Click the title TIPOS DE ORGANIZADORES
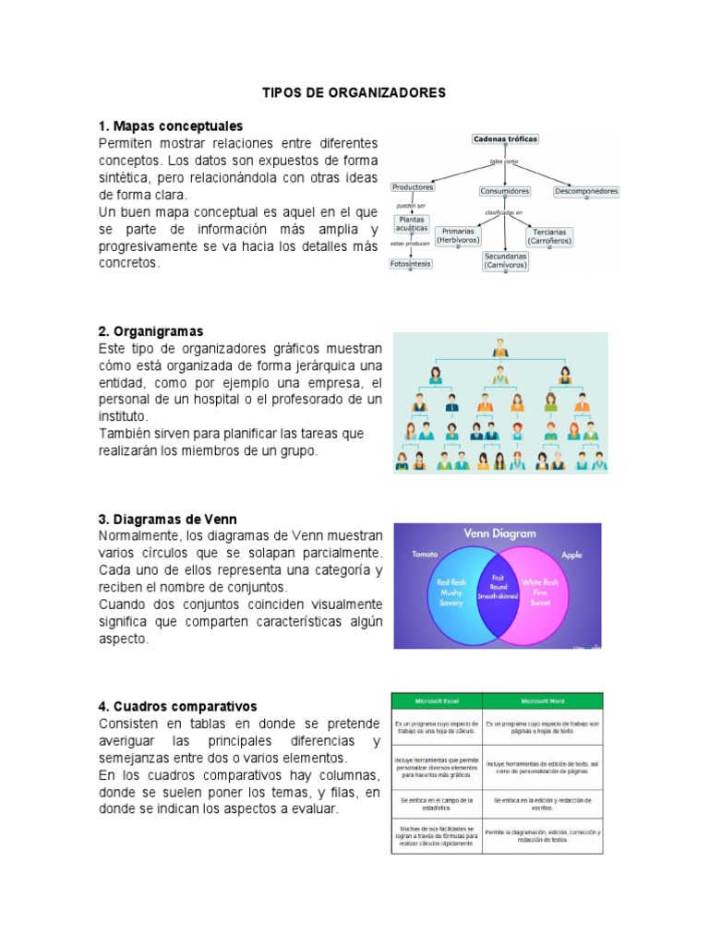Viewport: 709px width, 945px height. pos(354,93)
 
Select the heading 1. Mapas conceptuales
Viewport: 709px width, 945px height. pos(171,126)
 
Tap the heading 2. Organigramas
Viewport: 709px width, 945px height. pos(151,331)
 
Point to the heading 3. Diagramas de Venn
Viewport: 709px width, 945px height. pos(168,520)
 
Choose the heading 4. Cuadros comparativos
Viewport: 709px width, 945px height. pos(178,707)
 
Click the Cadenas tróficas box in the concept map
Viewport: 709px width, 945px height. pos(505,139)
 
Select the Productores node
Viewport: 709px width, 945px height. pos(413,186)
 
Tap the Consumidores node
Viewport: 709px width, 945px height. pos(505,191)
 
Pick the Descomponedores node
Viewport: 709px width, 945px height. pos(586,191)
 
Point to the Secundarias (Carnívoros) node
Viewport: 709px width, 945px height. pos(506,261)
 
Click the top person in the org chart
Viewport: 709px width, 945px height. pos(500,349)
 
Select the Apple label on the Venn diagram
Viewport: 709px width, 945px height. pos(573,556)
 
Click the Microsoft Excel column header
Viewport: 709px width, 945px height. pos(437,700)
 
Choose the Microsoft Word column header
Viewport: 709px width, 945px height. pos(542,700)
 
